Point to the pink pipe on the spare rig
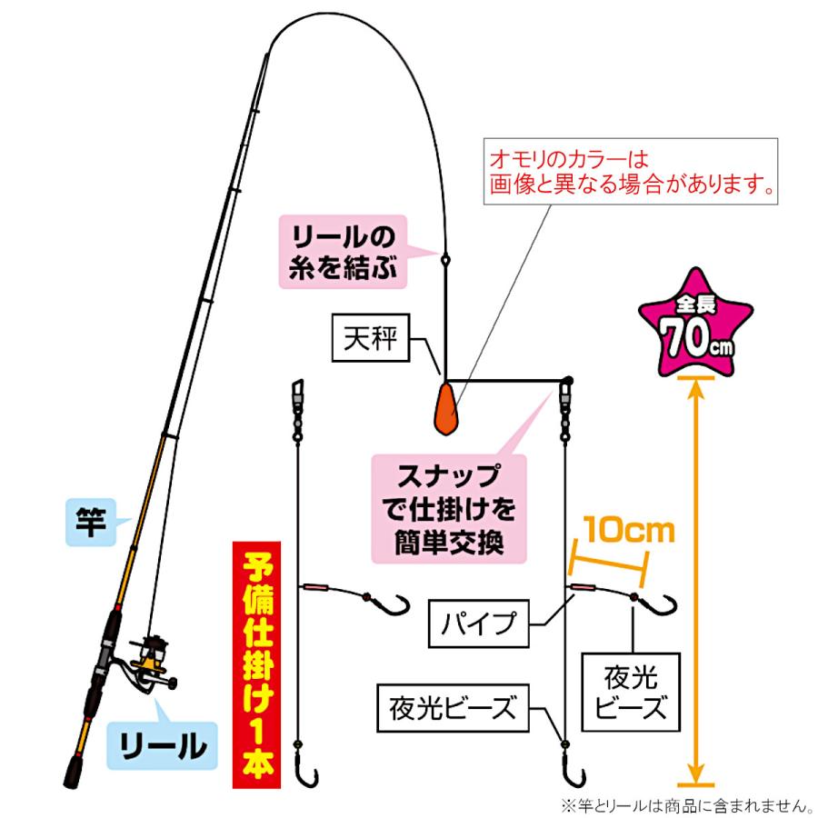314,588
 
